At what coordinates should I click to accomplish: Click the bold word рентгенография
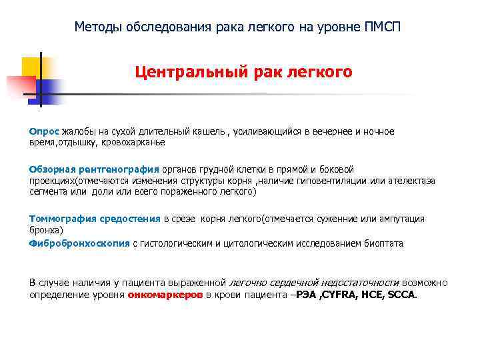pos(117,169)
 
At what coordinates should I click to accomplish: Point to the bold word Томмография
pos(63,219)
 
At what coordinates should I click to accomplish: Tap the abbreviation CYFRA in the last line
pos(341,294)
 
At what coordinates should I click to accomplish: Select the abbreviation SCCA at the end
pos(400,294)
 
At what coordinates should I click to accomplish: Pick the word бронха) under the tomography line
pos(45,230)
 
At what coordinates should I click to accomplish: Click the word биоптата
pos(384,243)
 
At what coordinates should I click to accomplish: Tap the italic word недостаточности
pos(358,282)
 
